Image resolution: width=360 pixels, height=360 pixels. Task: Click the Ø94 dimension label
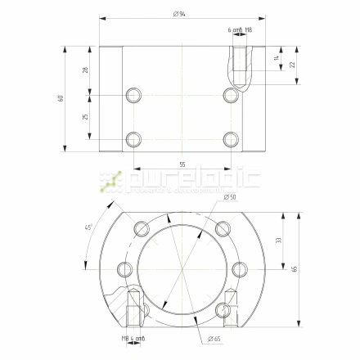coord(179,14)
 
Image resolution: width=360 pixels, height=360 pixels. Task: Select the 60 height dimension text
coord(61,99)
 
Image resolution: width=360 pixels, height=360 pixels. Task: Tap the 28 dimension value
coord(85,70)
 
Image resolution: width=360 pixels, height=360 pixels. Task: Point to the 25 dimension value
coord(85,116)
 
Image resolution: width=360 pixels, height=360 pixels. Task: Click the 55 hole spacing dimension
coord(182,164)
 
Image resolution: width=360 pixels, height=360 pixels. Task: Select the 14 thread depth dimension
coord(277,58)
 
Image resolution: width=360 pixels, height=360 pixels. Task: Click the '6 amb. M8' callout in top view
coord(240,29)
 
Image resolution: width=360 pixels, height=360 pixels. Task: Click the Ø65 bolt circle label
coord(215,338)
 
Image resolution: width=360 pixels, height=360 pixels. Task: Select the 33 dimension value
coord(277,241)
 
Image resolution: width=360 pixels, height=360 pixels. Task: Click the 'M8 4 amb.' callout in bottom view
coord(133,338)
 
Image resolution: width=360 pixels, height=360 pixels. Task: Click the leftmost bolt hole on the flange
coord(124,268)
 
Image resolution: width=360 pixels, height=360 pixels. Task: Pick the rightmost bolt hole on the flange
coord(238,268)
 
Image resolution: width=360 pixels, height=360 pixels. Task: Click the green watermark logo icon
coord(110,181)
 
